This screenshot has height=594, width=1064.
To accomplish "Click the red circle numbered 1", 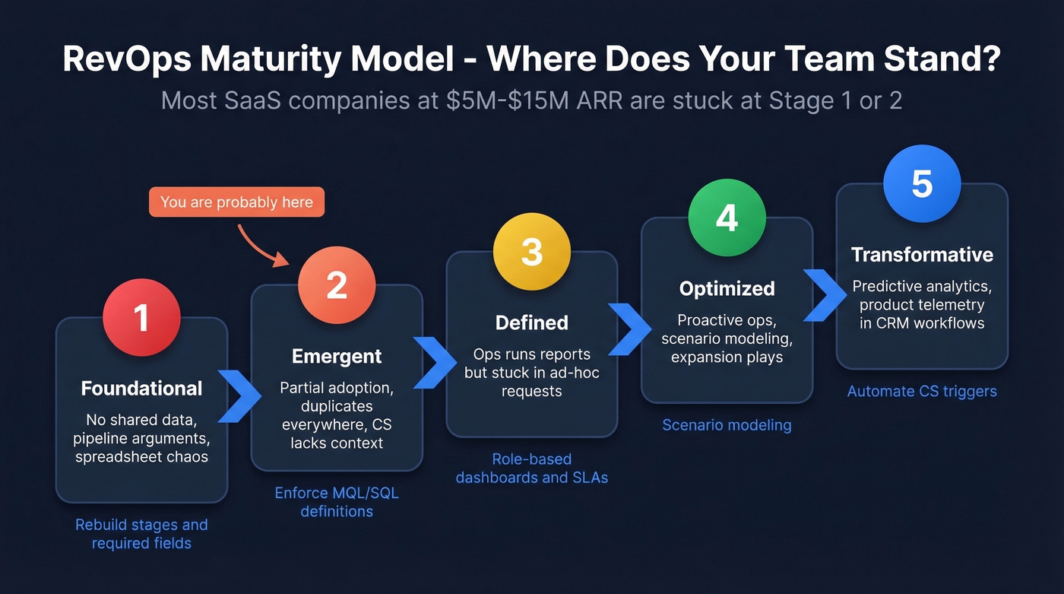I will (141, 318).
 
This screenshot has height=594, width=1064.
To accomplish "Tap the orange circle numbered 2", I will (337, 285).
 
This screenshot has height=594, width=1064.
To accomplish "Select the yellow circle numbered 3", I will (532, 252).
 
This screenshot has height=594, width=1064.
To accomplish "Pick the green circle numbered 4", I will (727, 218).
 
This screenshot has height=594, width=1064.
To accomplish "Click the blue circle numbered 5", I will (922, 184).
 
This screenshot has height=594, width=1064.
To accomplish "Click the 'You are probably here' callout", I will (236, 202).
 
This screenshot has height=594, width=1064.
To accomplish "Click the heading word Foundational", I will (141, 389).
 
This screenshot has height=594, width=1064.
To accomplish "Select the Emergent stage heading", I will (337, 356).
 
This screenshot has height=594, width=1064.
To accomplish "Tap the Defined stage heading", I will (532, 322).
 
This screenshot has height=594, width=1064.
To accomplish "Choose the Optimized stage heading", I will (727, 289).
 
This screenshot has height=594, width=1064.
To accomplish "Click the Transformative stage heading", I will (922, 255).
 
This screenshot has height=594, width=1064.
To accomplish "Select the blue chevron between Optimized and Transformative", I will (825, 296).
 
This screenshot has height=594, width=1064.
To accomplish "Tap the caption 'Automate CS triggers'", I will (922, 392).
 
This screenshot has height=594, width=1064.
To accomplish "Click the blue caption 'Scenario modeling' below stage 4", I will (727, 425).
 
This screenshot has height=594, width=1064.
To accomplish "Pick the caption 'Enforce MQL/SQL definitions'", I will (337, 502).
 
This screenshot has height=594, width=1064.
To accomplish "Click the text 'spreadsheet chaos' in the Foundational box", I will (141, 457).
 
